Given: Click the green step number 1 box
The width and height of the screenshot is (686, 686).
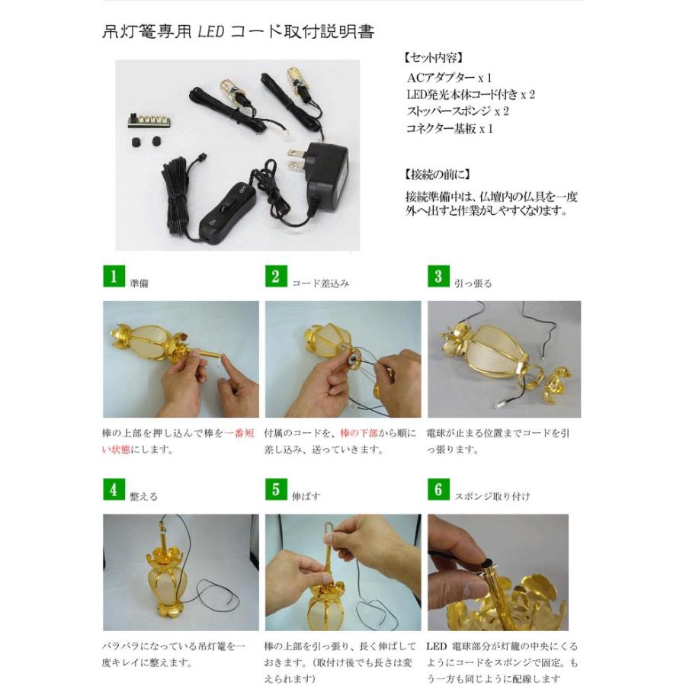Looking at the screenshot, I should click(x=114, y=277).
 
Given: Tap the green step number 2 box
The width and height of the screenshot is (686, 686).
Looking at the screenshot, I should click(x=275, y=277).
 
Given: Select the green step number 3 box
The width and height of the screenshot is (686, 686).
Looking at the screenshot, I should click(x=438, y=277).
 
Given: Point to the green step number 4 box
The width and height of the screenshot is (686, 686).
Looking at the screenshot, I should click(x=114, y=490).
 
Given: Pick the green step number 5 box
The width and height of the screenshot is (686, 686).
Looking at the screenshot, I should click(x=275, y=490).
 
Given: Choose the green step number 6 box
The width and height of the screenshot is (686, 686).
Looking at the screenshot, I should click(x=438, y=490).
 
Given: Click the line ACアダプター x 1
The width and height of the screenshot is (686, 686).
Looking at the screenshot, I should click(x=450, y=77).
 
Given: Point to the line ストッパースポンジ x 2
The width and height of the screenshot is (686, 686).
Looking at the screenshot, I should click(x=457, y=111).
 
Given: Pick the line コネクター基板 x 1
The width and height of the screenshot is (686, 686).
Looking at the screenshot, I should click(x=450, y=129).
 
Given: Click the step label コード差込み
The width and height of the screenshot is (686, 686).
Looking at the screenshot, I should click(x=321, y=283).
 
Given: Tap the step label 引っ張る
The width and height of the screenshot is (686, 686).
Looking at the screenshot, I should click(x=473, y=283).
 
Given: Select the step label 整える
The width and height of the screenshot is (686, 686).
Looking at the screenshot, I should click(x=144, y=496).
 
